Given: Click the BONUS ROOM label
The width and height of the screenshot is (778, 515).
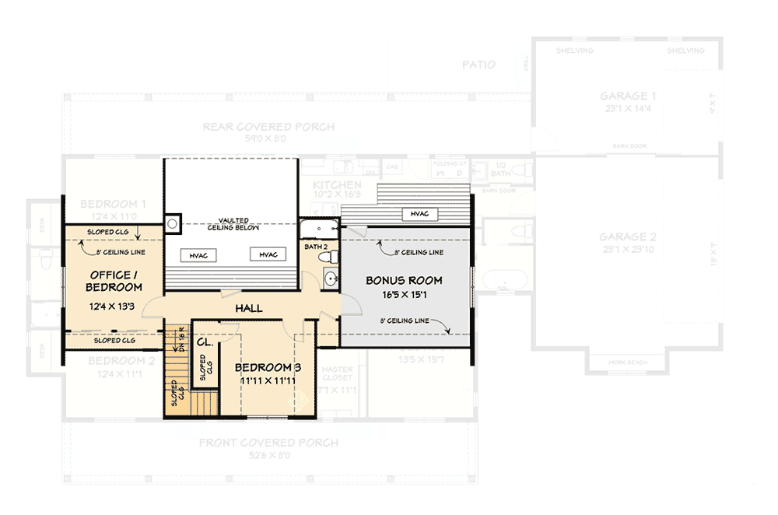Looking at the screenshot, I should point(404,281).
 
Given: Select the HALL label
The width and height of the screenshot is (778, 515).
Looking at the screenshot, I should point(248,309).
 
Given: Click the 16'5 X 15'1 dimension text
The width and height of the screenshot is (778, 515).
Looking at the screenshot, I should point(404,296).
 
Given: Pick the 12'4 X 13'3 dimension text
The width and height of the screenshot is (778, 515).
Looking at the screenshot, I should point(114,307).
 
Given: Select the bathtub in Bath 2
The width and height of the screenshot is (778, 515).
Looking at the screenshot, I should point(319,229).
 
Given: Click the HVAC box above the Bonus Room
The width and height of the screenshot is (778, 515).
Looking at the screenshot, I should point(419,214).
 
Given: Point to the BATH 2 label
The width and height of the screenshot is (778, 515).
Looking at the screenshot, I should point(315,246).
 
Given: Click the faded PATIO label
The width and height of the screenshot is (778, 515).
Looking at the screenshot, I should point(478,65).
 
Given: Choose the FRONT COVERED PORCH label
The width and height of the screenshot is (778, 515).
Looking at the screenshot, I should point(268,443).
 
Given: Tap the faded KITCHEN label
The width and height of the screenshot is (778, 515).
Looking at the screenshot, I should point(337,185).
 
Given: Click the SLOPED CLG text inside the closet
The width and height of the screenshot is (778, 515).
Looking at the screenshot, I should point(204,369).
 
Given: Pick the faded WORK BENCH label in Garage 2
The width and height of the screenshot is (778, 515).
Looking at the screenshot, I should point(628,363).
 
